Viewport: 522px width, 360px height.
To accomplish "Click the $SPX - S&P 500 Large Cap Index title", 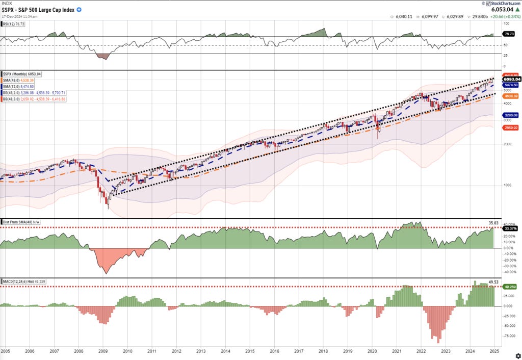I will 37,9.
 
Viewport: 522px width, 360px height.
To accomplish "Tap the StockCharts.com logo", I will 501,3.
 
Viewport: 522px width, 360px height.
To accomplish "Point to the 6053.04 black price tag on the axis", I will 511,79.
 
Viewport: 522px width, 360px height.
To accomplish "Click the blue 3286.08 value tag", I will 511,115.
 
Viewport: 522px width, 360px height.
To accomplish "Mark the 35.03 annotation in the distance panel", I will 493,223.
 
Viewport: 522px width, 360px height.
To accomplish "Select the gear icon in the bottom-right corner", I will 518,355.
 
